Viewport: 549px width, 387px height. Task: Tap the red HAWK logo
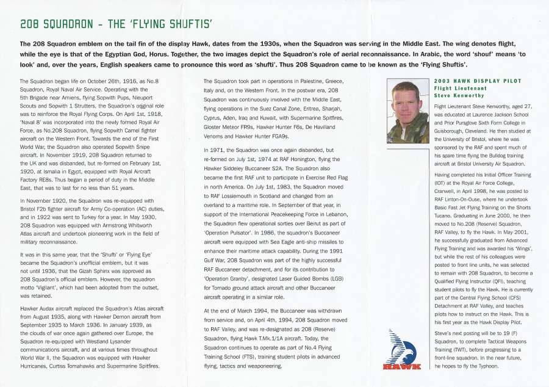point(401,366)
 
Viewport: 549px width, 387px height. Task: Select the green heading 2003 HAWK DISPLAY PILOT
point(469,81)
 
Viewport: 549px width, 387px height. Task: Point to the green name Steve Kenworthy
point(459,95)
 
